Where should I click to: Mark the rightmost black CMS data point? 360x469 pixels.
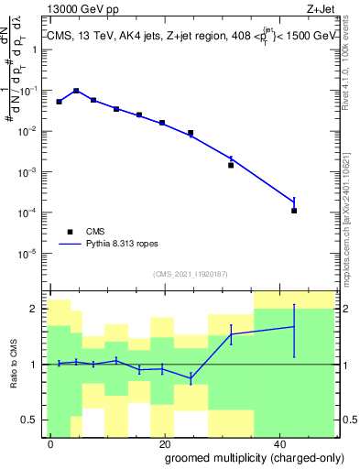point(294,211)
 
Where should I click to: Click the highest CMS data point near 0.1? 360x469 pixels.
point(76,91)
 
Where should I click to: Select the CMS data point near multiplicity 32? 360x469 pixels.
point(231,165)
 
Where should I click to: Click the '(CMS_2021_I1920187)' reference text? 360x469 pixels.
point(191,273)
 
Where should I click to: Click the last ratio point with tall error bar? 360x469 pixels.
point(294,326)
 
